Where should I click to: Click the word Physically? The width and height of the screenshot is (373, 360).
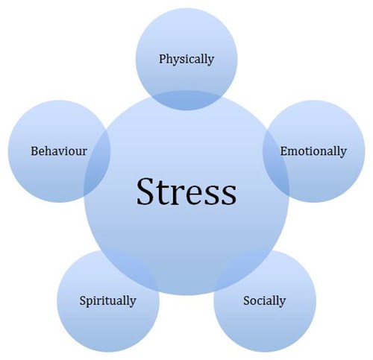click(x=186, y=60)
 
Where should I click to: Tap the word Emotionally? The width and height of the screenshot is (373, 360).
click(x=313, y=151)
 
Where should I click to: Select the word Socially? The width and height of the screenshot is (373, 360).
click(x=264, y=301)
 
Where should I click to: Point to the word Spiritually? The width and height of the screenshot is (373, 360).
click(x=107, y=301)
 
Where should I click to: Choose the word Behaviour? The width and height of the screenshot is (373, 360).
click(x=59, y=151)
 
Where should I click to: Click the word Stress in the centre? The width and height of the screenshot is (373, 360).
click(x=186, y=192)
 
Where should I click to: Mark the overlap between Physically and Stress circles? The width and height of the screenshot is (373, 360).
click(x=186, y=100)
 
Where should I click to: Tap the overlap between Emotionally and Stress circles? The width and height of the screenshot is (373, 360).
click(x=276, y=162)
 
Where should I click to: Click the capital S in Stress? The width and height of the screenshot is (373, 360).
click(x=145, y=192)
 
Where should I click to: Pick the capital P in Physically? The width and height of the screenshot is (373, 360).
click(x=163, y=59)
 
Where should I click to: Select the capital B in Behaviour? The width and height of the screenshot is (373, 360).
click(x=34, y=151)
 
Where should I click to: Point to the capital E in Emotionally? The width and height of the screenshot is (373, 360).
click(x=284, y=151)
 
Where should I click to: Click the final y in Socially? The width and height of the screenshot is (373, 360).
click(x=283, y=303)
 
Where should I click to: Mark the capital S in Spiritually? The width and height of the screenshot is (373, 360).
click(x=83, y=300)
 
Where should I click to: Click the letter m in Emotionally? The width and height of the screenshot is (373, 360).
click(x=294, y=153)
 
